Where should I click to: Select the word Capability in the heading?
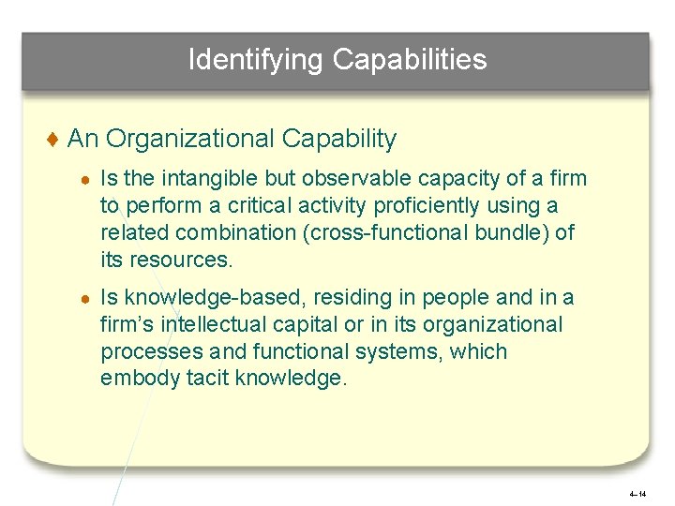(338, 140)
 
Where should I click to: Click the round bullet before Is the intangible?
(85, 179)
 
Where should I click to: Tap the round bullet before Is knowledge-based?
(85, 299)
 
